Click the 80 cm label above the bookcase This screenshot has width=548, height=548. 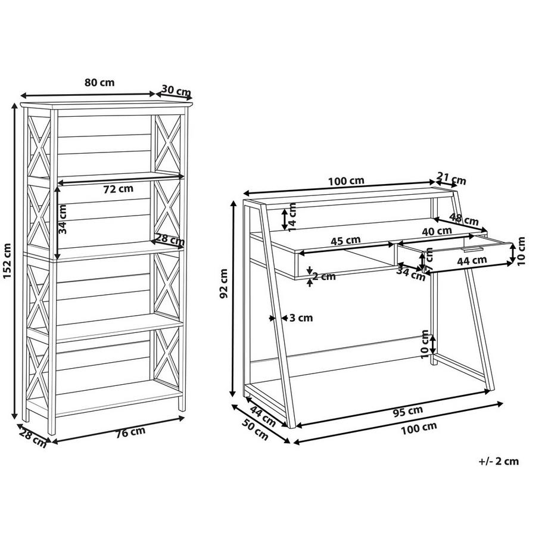99,83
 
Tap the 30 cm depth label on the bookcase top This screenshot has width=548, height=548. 176,91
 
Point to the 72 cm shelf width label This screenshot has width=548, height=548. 119,189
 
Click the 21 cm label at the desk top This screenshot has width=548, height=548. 452,180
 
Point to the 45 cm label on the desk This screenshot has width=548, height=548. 345,241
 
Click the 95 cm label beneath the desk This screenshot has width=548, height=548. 408,410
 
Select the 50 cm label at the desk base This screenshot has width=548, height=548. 255,434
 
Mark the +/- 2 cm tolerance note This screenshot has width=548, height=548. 499,460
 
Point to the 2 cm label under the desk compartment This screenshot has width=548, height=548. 323,276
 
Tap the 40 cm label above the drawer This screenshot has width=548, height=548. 436,231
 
